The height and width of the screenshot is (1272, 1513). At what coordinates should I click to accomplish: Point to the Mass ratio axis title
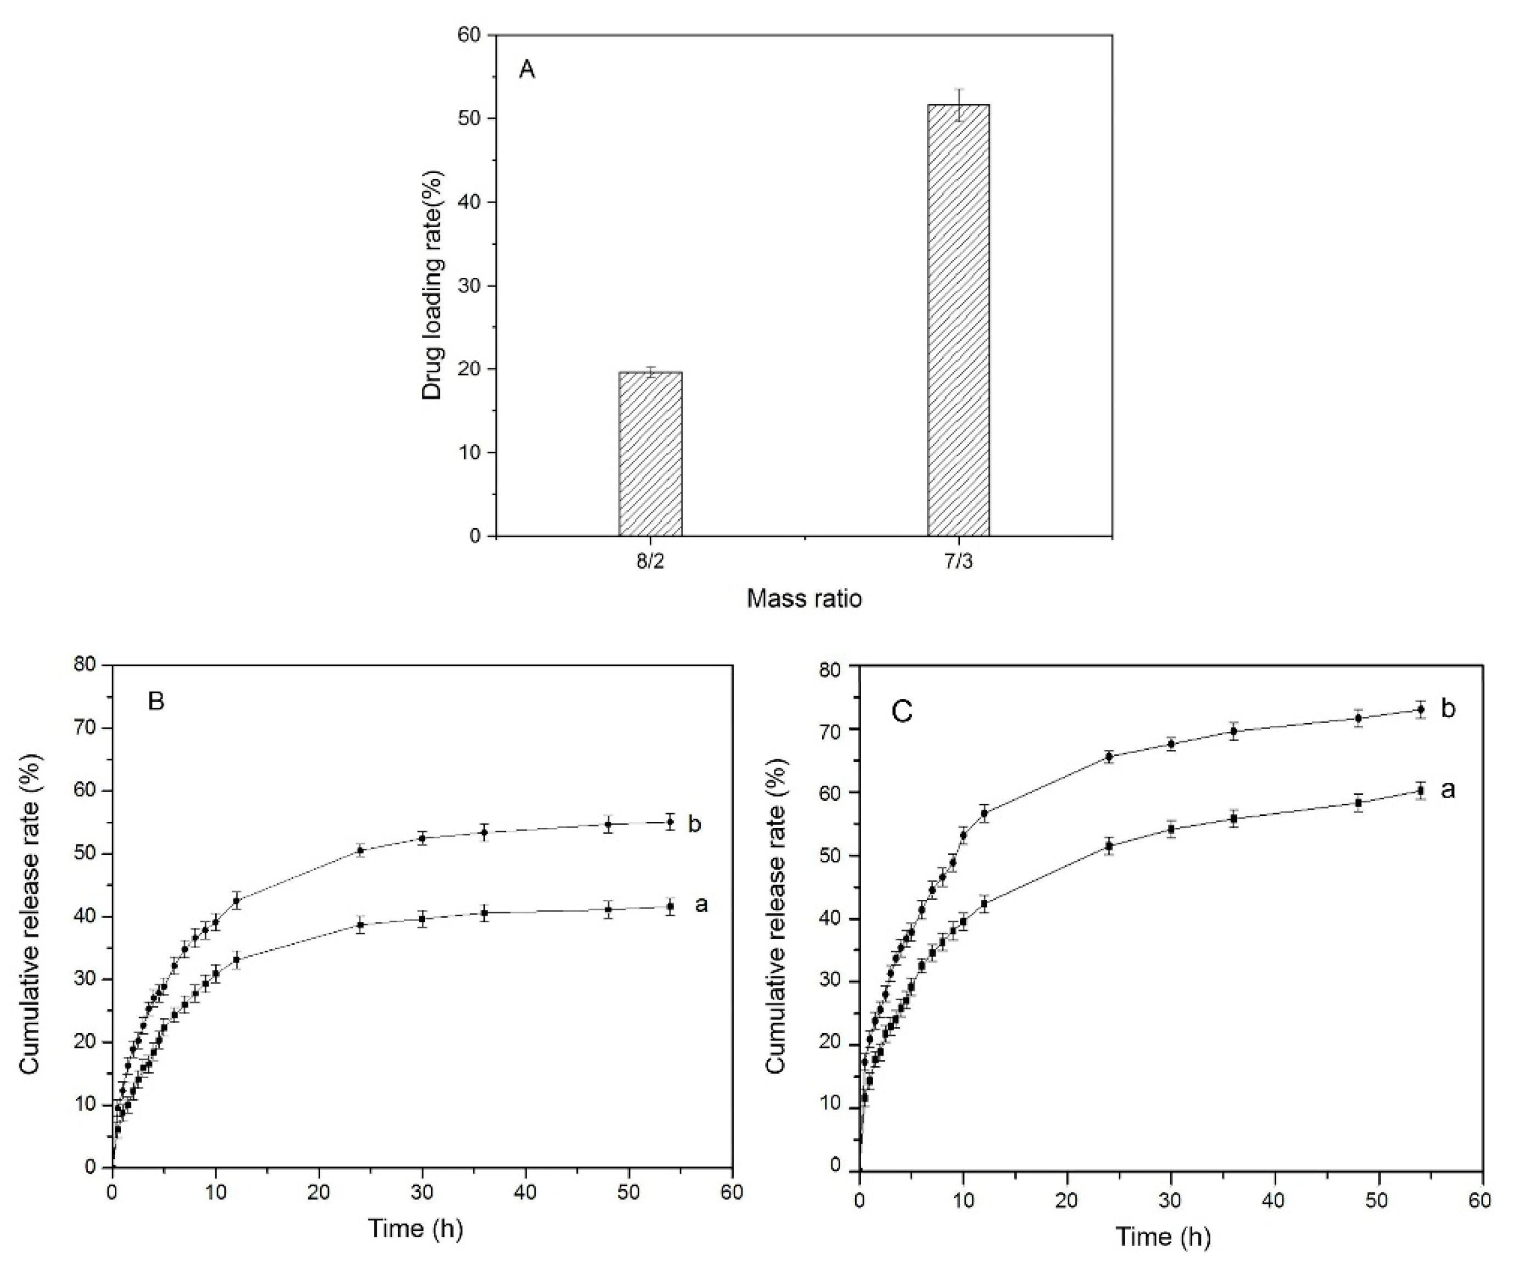804,598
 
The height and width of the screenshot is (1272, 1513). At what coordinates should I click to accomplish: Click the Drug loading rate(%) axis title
432,285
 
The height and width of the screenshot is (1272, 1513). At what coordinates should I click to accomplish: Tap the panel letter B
156,701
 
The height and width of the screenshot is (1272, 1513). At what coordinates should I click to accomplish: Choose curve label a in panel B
700,904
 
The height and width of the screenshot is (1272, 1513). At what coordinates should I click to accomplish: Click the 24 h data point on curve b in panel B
361,850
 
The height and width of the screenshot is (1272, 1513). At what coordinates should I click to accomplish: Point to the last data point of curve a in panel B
671,906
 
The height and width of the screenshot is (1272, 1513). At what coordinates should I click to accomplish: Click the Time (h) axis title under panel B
415,1228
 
